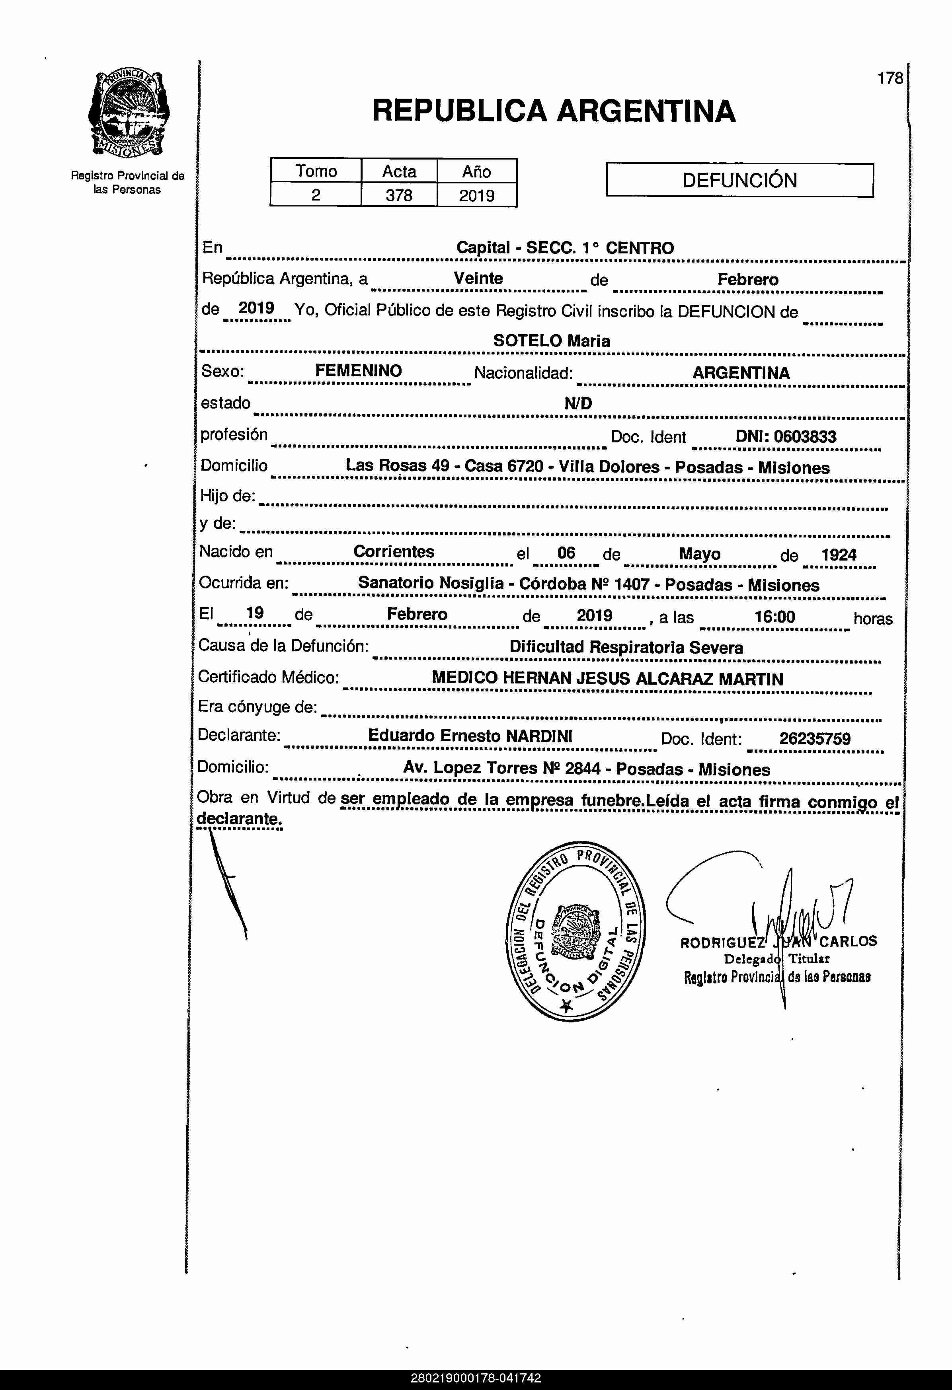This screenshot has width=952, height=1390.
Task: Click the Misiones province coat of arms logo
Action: [x=128, y=114]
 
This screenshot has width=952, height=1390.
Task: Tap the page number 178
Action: [x=890, y=78]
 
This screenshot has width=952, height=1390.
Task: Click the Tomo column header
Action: [x=316, y=171]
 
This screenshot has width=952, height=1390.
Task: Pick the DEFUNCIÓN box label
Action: [x=739, y=180]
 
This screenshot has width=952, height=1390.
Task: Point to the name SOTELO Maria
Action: [x=551, y=341]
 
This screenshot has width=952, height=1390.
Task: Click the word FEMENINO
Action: [x=359, y=371]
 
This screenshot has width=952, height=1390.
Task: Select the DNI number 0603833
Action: [x=804, y=437]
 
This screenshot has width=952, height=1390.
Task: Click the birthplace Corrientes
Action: [x=394, y=551]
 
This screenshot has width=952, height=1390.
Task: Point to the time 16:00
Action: [x=774, y=617]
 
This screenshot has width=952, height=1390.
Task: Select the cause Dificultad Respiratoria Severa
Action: [x=626, y=647]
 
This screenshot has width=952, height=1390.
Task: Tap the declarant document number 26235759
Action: [x=814, y=739]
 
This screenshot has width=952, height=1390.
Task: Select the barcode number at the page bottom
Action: [x=476, y=1378]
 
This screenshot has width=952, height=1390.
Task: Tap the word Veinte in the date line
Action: [x=478, y=278]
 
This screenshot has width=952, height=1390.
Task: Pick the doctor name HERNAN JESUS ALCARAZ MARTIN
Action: [x=643, y=679]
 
